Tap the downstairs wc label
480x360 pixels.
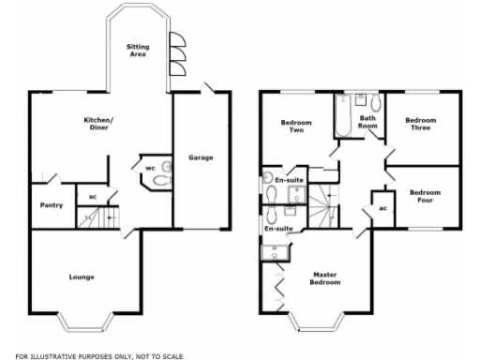pos(150,169)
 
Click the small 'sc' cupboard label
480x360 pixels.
pos(93,196)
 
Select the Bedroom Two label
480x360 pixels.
pos(296,127)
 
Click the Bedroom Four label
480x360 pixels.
pos(425,197)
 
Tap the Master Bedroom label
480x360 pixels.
pos(324,277)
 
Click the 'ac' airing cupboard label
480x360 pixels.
pos(383,207)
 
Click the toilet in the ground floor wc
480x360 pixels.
pos(165,178)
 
